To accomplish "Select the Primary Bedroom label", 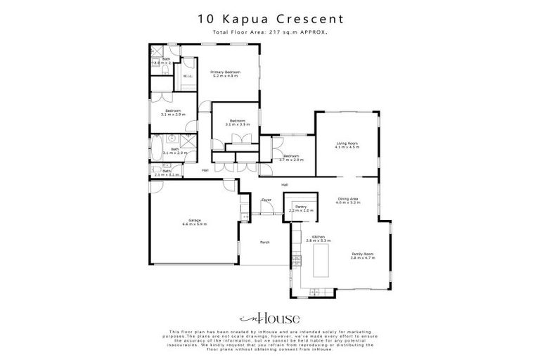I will (x=226, y=74).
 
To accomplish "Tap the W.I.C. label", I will (x=188, y=77).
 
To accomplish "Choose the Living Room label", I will (x=347, y=146).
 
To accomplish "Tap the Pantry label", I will (x=300, y=208).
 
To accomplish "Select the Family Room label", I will (x=363, y=255).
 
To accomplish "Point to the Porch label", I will (x=265, y=242).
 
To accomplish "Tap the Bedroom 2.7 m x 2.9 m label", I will (x=291, y=158).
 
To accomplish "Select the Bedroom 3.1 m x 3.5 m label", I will (x=236, y=122).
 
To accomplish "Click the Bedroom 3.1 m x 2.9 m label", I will (x=174, y=112).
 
